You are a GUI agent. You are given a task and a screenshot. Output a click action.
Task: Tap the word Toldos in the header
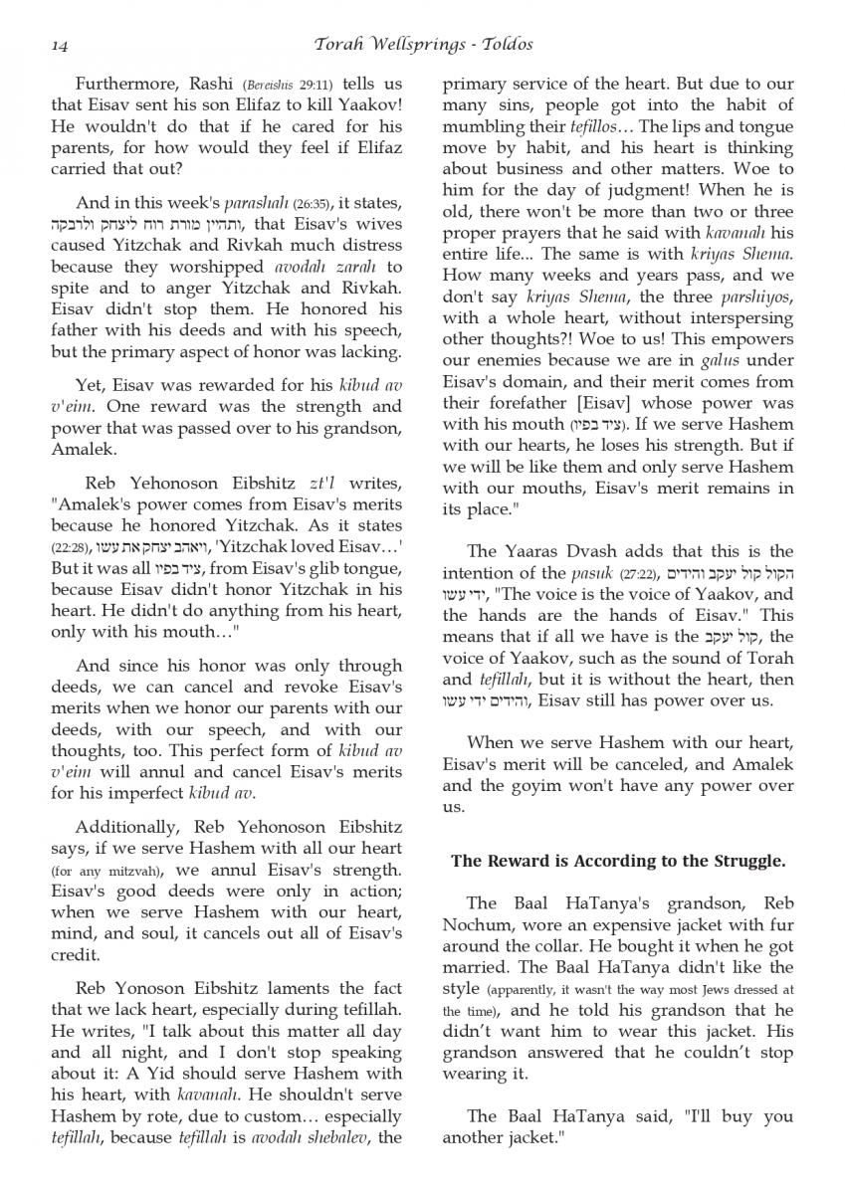pyautogui.click(x=507, y=45)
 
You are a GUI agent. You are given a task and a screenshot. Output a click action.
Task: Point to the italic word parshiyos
pyautogui.click(x=747, y=298)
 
